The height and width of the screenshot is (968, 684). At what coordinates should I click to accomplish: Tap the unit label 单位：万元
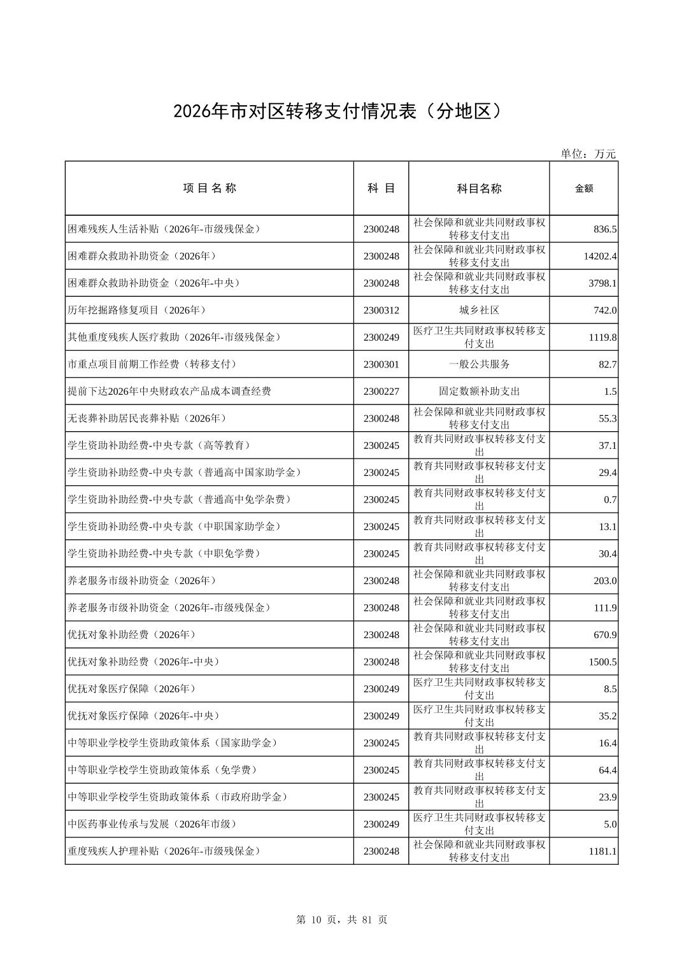click(588, 153)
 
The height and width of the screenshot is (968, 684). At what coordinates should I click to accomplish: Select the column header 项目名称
click(210, 188)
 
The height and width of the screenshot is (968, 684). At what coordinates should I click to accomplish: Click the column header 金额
click(583, 189)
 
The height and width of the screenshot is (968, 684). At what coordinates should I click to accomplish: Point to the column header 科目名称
click(479, 189)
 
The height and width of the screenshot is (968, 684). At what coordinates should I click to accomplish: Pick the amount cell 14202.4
click(600, 256)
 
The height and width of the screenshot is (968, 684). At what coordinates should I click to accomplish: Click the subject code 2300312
click(381, 310)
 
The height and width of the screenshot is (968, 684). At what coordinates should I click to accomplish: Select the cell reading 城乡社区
click(479, 310)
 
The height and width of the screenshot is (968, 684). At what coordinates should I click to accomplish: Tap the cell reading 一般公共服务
click(479, 364)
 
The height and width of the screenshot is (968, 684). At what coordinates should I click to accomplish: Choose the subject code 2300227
click(381, 391)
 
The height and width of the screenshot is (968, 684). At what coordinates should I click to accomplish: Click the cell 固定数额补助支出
click(479, 391)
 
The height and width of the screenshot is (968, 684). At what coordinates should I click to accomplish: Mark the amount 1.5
click(609, 392)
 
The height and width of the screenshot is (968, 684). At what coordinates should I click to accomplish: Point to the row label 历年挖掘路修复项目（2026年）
click(136, 310)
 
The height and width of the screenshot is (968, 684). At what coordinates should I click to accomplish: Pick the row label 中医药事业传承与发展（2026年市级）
click(152, 824)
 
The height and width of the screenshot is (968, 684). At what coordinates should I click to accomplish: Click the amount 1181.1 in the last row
click(602, 851)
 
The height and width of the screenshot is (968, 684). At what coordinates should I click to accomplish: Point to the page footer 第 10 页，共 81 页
click(341, 920)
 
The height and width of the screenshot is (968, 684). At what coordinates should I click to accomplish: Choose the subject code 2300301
click(381, 364)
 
